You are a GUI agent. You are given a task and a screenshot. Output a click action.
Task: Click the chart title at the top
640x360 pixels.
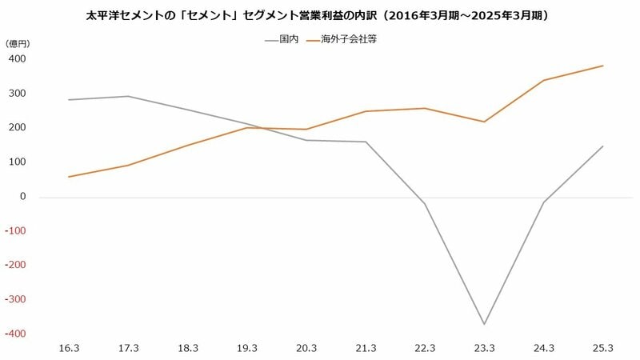[319, 15]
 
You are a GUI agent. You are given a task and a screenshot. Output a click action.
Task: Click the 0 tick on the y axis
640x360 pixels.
[23, 197]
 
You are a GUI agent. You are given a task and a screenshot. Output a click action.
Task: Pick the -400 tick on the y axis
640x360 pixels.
[18, 334]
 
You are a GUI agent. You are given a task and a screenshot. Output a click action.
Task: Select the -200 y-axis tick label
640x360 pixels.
[18, 265]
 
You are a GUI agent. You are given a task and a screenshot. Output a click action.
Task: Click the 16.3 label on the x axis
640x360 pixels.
[69, 349]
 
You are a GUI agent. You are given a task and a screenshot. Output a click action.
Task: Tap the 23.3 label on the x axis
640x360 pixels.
[484, 349]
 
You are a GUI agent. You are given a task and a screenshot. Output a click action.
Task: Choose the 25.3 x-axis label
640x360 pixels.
[603, 349]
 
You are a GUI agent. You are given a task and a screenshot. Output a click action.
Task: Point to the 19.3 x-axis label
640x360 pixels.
[247, 349]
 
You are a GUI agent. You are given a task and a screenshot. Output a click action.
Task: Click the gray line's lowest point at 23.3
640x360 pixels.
[484, 324]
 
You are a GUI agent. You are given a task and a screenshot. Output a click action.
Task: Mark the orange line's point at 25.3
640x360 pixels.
[602, 66]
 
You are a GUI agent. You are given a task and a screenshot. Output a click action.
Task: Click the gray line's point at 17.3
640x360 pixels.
[128, 96]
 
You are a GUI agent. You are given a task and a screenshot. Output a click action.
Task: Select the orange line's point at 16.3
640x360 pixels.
[69, 177]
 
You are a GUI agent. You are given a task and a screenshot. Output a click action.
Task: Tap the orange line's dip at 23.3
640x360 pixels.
[484, 122]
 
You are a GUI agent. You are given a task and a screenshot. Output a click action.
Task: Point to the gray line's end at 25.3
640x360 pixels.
[602, 146]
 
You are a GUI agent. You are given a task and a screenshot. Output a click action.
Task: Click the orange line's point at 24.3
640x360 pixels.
[543, 80]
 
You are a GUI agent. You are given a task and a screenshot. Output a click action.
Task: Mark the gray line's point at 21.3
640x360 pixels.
[366, 142]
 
